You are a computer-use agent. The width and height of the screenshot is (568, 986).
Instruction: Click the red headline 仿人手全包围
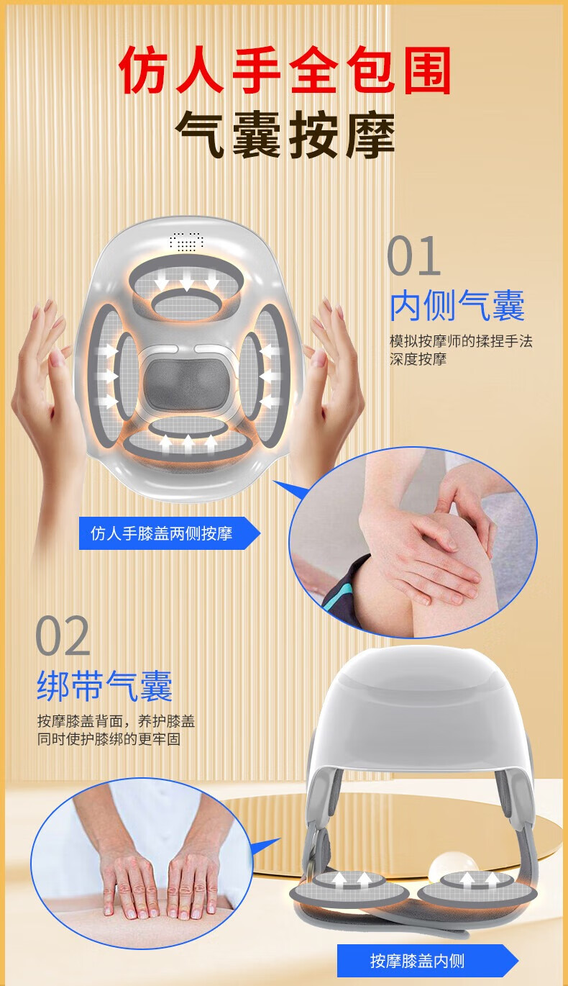(285, 71)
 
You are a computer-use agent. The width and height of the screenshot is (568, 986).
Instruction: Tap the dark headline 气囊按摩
(285, 134)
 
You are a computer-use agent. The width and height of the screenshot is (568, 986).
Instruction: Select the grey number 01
(414, 255)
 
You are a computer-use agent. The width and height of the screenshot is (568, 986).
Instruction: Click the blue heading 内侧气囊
(457, 305)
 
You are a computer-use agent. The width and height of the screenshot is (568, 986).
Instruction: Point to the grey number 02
(63, 636)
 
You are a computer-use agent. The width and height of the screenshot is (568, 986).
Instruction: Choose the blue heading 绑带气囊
(104, 686)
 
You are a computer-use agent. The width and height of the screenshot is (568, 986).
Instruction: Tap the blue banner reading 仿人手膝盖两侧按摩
(170, 533)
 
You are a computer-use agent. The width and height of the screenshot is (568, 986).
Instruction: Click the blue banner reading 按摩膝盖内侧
(427, 960)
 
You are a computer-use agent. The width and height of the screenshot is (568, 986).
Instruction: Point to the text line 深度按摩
(418, 359)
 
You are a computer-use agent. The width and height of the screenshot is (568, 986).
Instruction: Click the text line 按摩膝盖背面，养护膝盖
(116, 721)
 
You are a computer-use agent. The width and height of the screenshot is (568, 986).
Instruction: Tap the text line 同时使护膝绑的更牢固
(109, 739)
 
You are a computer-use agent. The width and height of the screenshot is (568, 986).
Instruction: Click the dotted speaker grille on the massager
(187, 241)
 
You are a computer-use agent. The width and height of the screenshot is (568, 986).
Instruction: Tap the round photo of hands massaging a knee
(413, 542)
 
